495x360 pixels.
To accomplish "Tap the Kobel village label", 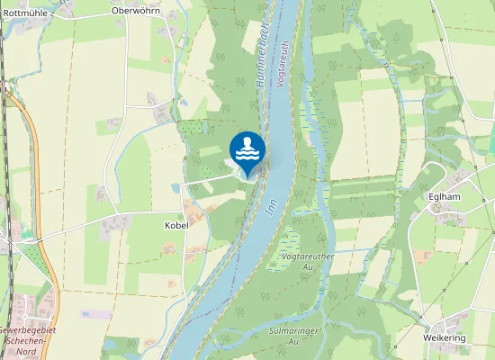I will tap(176, 225).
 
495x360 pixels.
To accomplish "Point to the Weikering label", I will tap(445, 337).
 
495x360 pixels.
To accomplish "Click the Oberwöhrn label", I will tap(134, 11).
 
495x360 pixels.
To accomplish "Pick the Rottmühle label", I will tap(26, 13).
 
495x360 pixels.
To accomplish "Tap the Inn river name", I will tap(270, 204).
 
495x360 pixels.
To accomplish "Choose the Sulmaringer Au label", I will tap(283, 336).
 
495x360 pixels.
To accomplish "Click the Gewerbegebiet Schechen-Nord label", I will tap(27, 337).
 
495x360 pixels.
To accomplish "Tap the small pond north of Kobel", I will tap(175, 188).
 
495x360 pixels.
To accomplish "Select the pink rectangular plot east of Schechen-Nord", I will tap(96, 315).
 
